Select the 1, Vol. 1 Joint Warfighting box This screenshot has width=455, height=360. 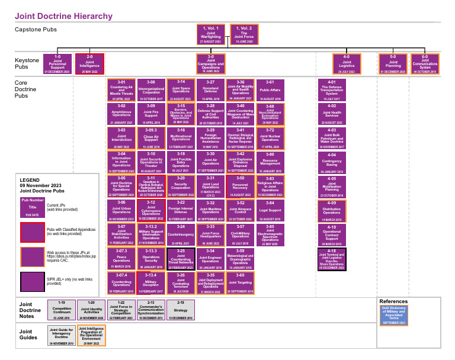211,34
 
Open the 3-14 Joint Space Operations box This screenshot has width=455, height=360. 181,88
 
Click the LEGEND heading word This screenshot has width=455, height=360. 30,179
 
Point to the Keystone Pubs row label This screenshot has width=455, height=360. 26,64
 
